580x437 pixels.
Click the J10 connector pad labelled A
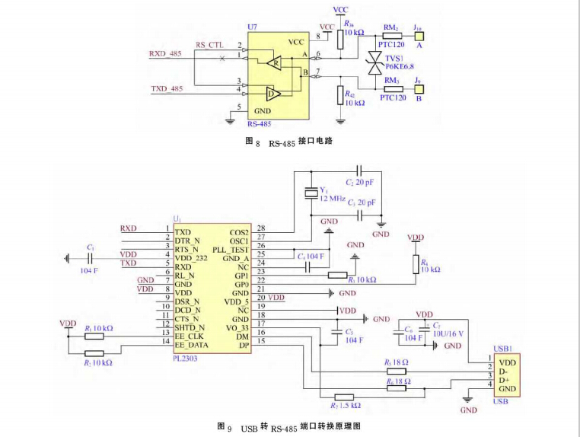coord(418,35)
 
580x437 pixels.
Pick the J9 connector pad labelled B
coord(418,88)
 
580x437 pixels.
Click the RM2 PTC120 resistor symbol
coord(392,35)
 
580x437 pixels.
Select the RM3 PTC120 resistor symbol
coord(393,88)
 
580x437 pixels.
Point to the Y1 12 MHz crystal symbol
coord(311,193)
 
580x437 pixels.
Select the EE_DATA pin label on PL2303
coord(191,344)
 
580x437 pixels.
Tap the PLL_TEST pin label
coord(231,249)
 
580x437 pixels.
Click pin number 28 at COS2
coord(261,228)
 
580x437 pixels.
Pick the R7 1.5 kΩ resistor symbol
coord(345,396)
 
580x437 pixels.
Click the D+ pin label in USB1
coord(504,380)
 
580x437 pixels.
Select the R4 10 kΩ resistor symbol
coord(416,264)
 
